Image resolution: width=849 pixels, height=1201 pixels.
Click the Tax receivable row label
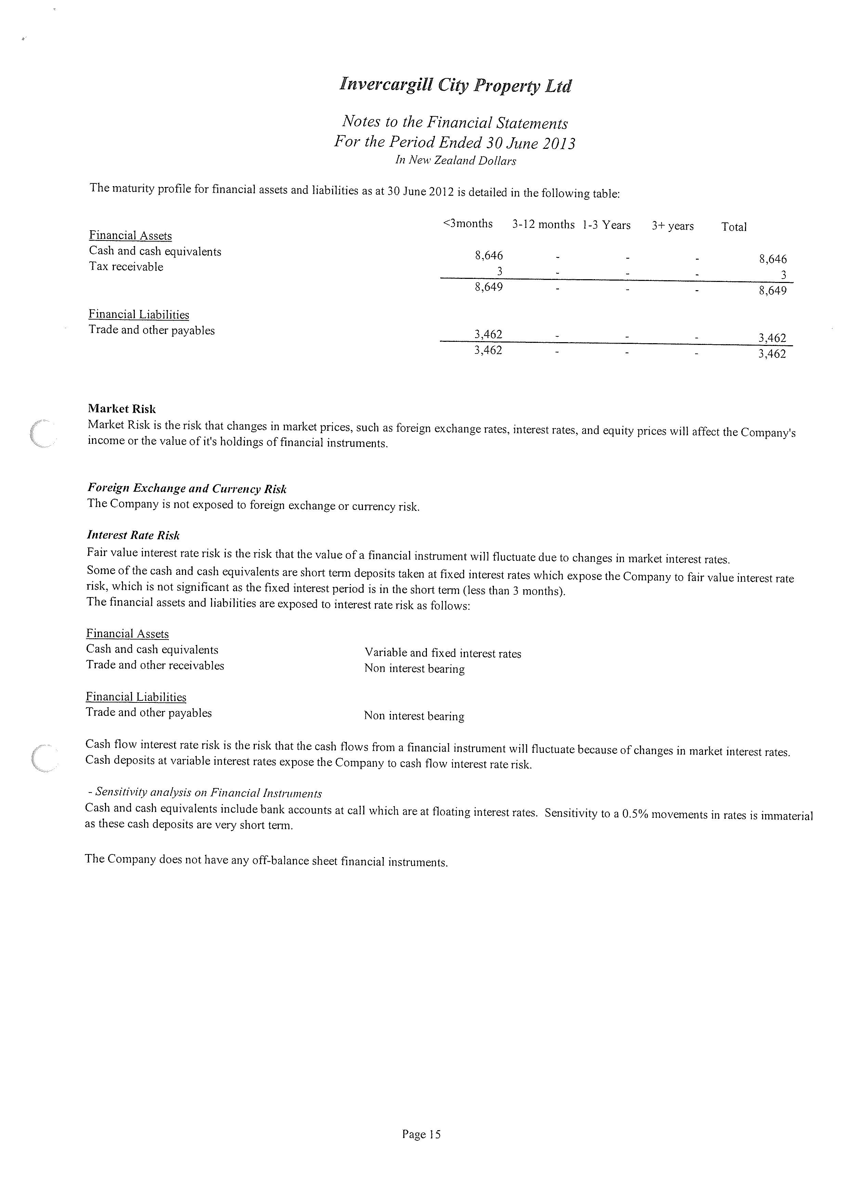coord(126,267)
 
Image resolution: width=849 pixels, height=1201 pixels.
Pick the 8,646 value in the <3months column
coord(489,255)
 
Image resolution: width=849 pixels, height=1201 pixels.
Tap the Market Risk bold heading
coord(122,409)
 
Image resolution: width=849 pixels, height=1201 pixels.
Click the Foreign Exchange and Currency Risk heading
coord(187,489)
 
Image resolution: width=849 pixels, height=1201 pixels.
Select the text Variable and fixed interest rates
coord(443,653)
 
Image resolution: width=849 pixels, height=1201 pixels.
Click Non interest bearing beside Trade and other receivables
coord(414,669)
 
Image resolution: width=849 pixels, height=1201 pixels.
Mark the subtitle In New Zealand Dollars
coord(455,160)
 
